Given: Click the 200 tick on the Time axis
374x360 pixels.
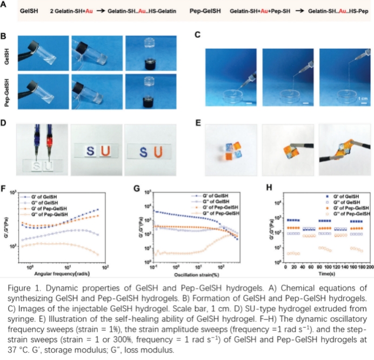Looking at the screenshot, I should click(x=370, y=268).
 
